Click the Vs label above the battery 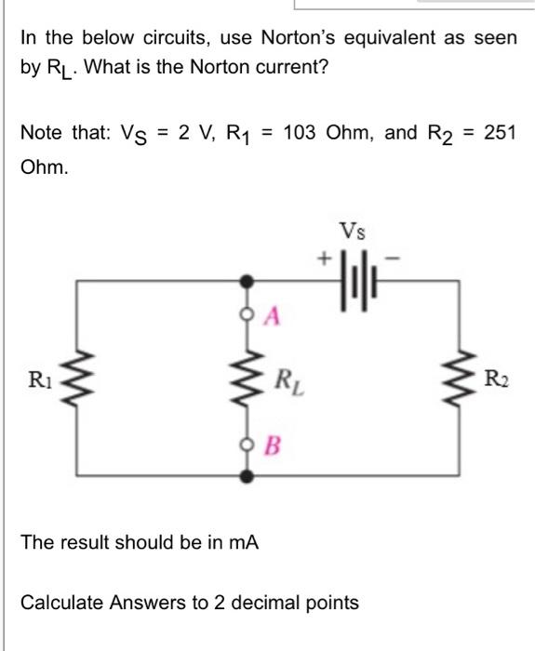coord(355,229)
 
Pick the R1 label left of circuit coord(38,379)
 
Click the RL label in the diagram coord(284,379)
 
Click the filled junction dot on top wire coord(247,279)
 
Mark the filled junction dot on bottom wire coord(247,475)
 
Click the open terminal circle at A coord(247,316)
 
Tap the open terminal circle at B coord(247,442)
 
